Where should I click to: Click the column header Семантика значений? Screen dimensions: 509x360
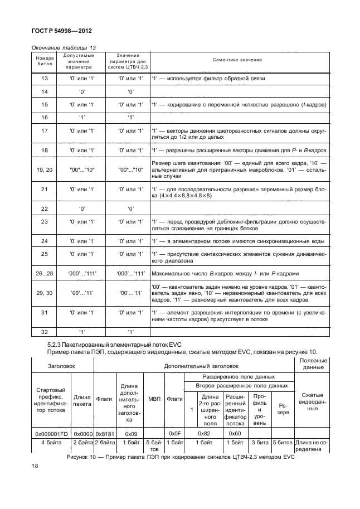[237, 60]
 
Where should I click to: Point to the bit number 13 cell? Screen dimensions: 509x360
[45, 79]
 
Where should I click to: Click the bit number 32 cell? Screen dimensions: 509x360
[45, 332]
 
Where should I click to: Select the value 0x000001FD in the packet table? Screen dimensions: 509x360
[51, 433]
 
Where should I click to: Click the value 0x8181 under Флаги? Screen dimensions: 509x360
[104, 433]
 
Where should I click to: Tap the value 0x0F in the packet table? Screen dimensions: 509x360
[175, 433]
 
